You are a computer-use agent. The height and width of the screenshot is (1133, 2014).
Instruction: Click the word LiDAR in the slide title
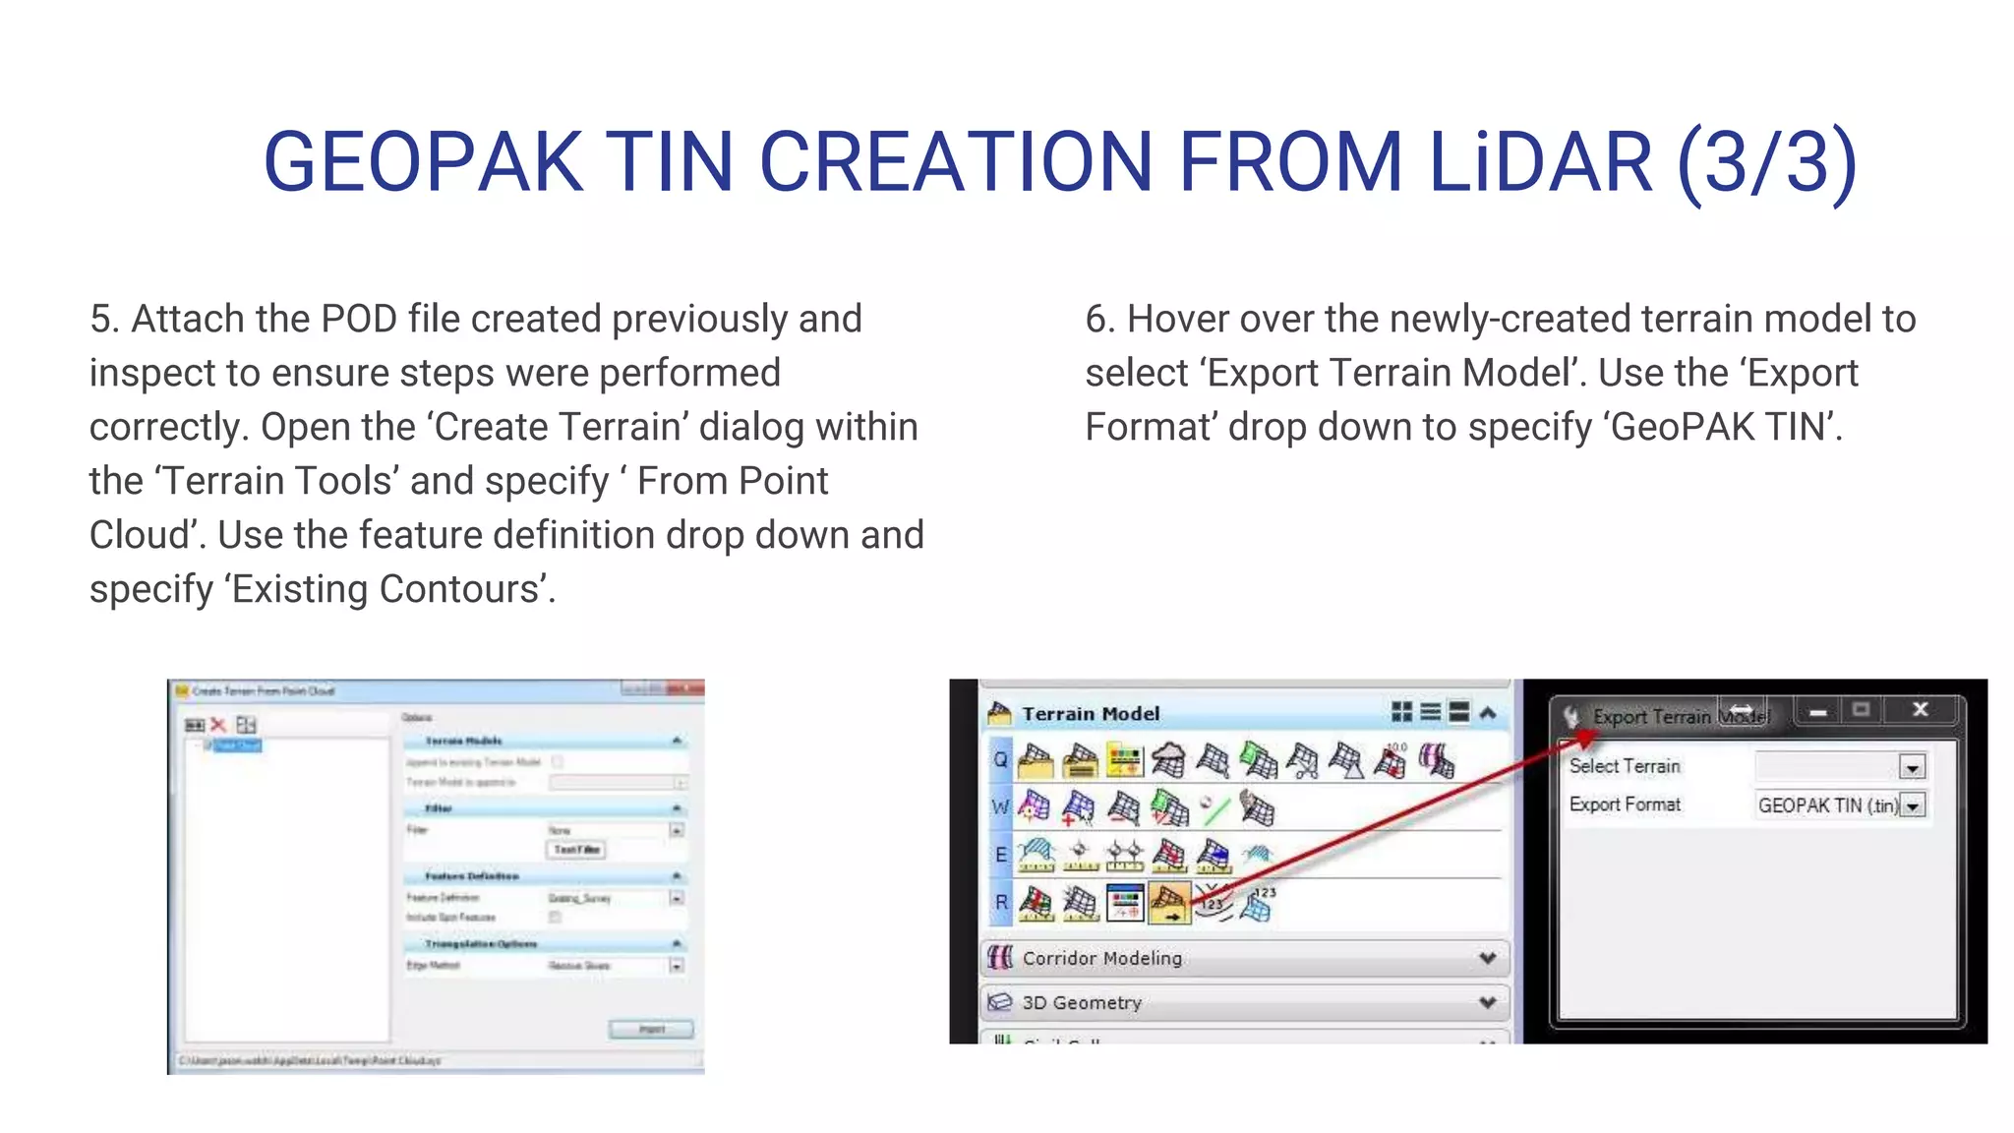[x=1540, y=162]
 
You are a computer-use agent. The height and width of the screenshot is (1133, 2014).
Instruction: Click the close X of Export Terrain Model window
[x=1920, y=709]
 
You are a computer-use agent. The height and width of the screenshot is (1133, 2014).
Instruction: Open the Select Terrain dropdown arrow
[x=1912, y=767]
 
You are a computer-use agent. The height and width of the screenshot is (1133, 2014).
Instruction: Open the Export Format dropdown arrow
[x=1912, y=806]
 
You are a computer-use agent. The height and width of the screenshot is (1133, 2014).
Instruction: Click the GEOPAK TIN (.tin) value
[x=1827, y=806]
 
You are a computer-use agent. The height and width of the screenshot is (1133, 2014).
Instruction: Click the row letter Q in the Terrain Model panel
[x=1000, y=759]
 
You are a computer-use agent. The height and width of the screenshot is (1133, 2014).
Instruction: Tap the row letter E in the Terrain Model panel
[x=1000, y=854]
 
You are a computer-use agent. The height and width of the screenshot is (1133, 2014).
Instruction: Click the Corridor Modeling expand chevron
[x=1487, y=958]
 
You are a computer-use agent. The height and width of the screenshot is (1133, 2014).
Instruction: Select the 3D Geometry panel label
[x=1082, y=1002]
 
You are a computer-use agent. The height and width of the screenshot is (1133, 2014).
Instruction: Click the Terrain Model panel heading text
[x=1091, y=714]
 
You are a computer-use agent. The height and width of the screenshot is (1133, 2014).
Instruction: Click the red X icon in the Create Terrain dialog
[x=218, y=725]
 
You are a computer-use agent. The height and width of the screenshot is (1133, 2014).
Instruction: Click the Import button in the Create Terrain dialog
[x=651, y=1029]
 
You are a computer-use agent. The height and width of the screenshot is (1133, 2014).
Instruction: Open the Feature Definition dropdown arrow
[x=677, y=898]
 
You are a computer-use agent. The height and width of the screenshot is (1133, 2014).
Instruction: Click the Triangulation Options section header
[x=481, y=944]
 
